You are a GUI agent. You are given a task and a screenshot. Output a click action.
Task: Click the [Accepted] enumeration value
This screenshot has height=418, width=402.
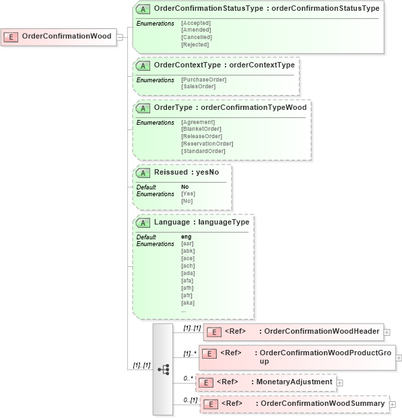pyautogui.click(x=196, y=24)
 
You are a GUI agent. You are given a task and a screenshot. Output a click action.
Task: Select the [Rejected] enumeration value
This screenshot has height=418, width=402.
pyautogui.click(x=195, y=44)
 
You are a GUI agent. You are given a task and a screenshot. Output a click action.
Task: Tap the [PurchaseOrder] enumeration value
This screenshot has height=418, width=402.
pyautogui.click(x=203, y=80)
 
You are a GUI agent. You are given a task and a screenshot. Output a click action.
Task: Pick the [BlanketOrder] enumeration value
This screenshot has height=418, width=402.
pyautogui.click(x=201, y=129)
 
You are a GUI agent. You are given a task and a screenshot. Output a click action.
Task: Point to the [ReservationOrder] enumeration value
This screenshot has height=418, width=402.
pyautogui.click(x=207, y=144)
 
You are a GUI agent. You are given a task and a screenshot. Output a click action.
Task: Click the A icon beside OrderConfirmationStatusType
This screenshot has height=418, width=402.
pyautogui.click(x=143, y=9)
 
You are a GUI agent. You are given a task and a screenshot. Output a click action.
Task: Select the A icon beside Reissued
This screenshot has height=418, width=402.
pyautogui.click(x=143, y=173)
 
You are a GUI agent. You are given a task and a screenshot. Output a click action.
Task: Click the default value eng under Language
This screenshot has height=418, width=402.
pyautogui.click(x=187, y=237)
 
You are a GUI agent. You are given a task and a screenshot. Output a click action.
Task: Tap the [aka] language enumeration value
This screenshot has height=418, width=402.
pyautogui.click(x=188, y=303)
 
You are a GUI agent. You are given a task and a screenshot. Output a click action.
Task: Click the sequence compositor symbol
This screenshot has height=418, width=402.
pyautogui.click(x=163, y=369)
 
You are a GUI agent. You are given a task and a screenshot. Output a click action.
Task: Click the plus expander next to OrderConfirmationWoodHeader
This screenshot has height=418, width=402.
pyautogui.click(x=387, y=332)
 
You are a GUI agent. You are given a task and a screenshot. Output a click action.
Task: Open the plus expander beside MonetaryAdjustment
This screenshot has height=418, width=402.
pyautogui.click(x=339, y=382)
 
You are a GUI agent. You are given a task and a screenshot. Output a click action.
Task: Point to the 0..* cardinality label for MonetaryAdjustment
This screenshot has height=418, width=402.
pyautogui.click(x=188, y=378)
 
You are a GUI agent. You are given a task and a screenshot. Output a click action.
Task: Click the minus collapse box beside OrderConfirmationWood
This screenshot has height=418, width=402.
pyautogui.click(x=120, y=36)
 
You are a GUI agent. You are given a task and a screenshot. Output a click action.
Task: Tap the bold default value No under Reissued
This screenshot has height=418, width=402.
pyautogui.click(x=185, y=187)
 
